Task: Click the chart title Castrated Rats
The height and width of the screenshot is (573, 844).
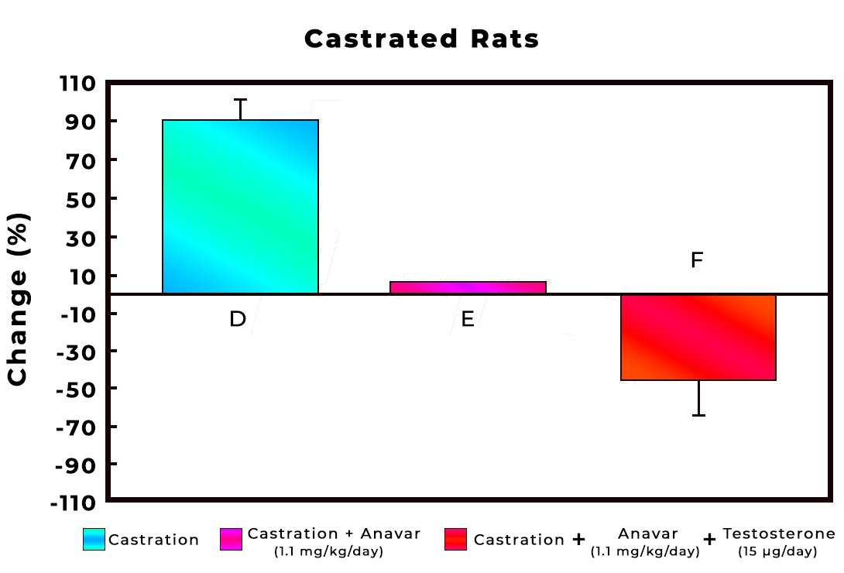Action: pos(421,39)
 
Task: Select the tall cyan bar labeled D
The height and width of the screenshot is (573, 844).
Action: pos(240,207)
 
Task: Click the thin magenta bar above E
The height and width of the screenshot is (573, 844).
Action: pos(468,287)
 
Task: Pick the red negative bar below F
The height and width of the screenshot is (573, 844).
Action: pos(698,337)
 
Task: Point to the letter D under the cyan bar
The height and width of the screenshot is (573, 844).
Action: pos(238,319)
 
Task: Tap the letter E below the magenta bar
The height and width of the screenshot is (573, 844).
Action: pos(468,319)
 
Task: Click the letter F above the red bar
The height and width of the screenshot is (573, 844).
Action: pos(697,260)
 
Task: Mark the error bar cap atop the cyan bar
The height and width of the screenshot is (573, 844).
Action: pos(240,99)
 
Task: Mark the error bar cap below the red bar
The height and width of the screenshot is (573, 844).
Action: pos(698,416)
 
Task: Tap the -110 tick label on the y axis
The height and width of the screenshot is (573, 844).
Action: pos(74,503)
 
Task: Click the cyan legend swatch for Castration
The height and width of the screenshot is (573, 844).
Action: pos(94,539)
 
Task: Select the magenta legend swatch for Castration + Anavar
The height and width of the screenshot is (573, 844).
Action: pos(232,539)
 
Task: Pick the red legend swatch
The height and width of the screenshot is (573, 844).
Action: pos(456,539)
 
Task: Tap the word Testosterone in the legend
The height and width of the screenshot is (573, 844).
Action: pos(778,534)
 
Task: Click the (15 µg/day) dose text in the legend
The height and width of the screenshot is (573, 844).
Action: pos(778,552)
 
